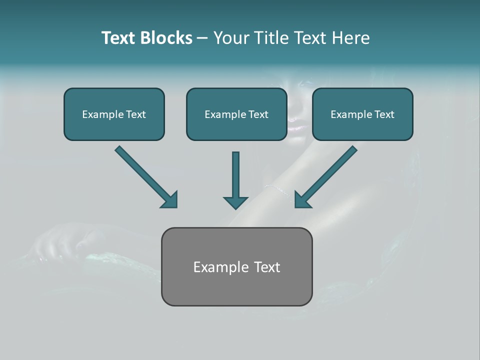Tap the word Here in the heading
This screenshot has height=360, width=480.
point(350,38)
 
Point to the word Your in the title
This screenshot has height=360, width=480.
point(231,38)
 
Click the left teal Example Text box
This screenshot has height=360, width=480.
point(114,114)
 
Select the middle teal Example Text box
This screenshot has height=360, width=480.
point(236,114)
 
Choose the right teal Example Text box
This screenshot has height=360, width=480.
point(362,114)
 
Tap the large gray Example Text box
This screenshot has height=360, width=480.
point(236,266)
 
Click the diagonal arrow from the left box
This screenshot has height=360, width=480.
point(142,173)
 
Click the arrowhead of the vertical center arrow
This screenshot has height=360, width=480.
point(235,202)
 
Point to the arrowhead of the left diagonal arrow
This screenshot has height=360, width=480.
point(170,200)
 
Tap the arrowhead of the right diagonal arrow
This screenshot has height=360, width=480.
point(302,200)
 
